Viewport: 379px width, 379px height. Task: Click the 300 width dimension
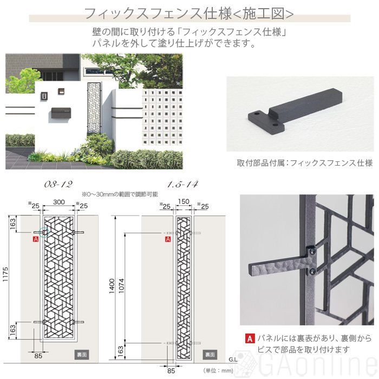(59, 202)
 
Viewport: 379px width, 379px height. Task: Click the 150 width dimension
(184, 201)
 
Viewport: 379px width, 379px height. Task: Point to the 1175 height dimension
(5, 274)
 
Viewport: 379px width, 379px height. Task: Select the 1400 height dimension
(112, 286)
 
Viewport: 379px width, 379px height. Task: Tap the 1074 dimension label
(121, 286)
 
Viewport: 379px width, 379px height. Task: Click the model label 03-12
(58, 185)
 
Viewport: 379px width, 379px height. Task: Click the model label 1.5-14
(182, 185)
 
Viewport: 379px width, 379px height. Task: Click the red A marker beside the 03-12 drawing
(36, 239)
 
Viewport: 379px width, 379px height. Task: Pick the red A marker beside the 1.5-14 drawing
(168, 239)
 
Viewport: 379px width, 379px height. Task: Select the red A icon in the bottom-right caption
(250, 338)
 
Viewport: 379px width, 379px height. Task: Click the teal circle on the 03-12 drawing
(44, 232)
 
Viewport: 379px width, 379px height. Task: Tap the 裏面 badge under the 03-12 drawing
(82, 355)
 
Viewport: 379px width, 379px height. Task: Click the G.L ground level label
(233, 360)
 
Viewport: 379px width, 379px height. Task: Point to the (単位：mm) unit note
(218, 370)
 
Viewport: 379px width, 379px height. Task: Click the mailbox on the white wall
(61, 113)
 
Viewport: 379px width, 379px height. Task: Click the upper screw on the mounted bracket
(312, 251)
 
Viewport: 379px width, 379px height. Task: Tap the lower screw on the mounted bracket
(312, 271)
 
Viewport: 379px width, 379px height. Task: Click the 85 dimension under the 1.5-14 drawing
(171, 371)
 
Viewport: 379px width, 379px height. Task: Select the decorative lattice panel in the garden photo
(94, 108)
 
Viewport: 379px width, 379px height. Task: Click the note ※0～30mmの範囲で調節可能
(120, 194)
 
